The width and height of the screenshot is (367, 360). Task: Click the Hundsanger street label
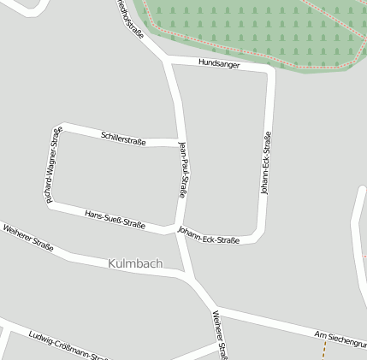pyautogui.click(x=219, y=64)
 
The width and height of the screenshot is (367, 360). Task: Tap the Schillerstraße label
pyautogui.click(x=123, y=138)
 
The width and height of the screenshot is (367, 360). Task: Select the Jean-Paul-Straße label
pyautogui.click(x=182, y=170)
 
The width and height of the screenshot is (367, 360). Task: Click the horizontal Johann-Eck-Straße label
pyautogui.click(x=208, y=235)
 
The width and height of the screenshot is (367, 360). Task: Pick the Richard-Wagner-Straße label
pyautogui.click(x=53, y=164)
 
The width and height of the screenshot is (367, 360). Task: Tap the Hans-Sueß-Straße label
pyautogui.click(x=115, y=219)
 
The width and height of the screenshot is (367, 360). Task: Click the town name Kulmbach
pyautogui.click(x=136, y=263)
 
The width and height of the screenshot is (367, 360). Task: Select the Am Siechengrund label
pyautogui.click(x=340, y=339)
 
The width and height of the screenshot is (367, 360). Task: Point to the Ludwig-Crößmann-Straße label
pyautogui.click(x=68, y=346)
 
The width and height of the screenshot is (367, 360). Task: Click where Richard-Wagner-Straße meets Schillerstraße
pyautogui.click(x=60, y=127)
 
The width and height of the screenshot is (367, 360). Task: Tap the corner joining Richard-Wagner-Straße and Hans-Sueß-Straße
pyautogui.click(x=50, y=204)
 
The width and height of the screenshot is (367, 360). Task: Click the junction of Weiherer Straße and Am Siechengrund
pyautogui.click(x=211, y=307)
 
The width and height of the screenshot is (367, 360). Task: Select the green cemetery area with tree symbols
pyautogui.click(x=257, y=30)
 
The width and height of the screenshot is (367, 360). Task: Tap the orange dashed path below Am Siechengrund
pyautogui.click(x=324, y=351)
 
